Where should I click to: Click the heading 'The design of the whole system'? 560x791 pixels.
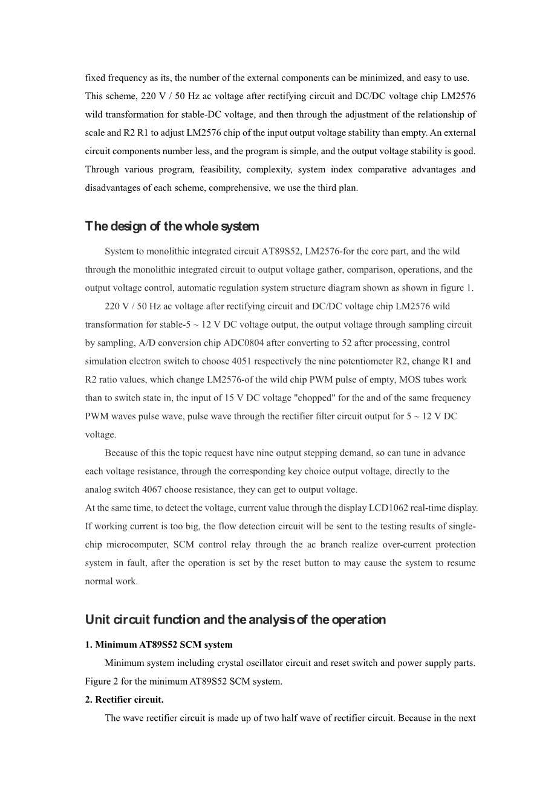point(172,227)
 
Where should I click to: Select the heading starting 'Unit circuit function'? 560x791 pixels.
point(235,620)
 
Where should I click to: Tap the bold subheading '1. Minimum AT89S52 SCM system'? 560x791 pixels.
point(158,645)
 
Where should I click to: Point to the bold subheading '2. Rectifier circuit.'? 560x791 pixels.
point(124,700)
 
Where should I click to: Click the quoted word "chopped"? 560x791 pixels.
point(293,398)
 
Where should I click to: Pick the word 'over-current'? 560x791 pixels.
point(383,544)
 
